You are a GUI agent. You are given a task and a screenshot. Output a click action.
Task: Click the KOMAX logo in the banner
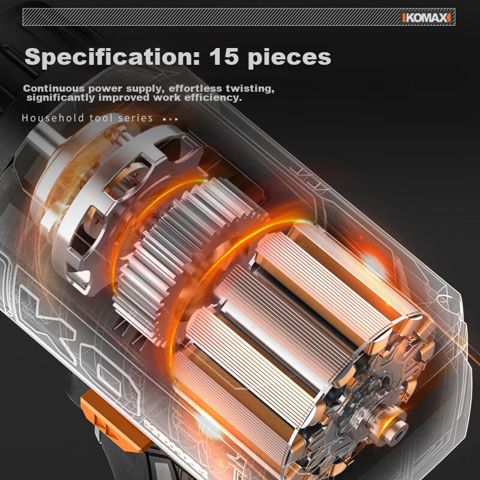click(426, 18)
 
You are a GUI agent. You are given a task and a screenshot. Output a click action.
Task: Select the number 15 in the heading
click(224, 56)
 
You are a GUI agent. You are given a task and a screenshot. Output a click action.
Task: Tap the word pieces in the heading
click(289, 58)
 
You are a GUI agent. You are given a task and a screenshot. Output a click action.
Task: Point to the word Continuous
click(53, 88)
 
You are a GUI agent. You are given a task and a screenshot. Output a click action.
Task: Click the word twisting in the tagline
click(250, 89)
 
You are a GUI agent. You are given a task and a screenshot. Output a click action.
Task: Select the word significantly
click(61, 98)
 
